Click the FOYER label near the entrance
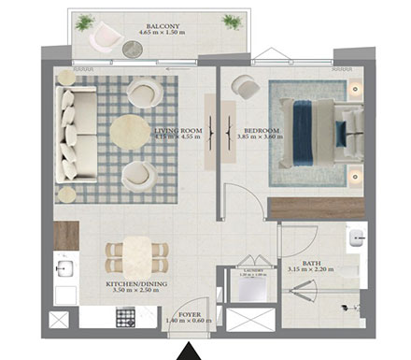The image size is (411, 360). pos(190,315)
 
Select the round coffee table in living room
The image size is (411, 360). pos(130,132)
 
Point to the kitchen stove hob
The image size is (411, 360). pos(125,318)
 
